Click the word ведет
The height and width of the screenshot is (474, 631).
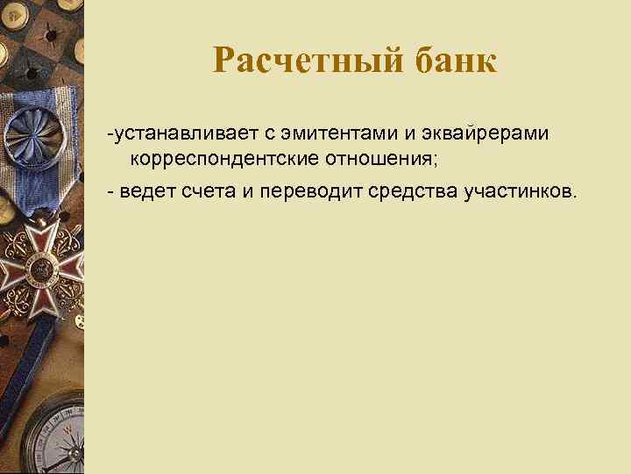click(x=147, y=192)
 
